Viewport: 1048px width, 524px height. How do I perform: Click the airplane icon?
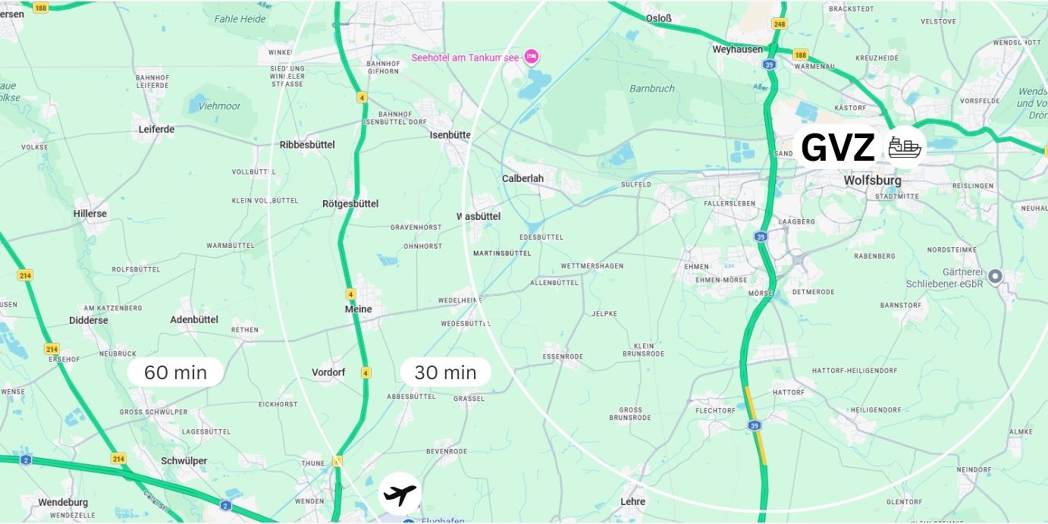[x=400, y=494]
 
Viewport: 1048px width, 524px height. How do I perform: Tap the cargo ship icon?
[x=904, y=147]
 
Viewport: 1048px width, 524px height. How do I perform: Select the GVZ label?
[x=837, y=148]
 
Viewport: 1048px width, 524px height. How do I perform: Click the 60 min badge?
[x=175, y=372]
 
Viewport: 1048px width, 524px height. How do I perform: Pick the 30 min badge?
[x=445, y=372]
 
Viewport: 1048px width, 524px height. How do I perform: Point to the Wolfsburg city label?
[x=872, y=180]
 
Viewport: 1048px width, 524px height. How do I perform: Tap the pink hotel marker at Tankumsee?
[x=532, y=57]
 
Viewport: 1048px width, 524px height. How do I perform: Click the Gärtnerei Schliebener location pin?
[x=996, y=277]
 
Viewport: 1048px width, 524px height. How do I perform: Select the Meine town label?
[x=359, y=309]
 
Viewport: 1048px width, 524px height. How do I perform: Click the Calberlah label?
[x=522, y=179]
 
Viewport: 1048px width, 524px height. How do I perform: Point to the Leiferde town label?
[x=156, y=129]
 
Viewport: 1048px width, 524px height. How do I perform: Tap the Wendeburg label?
[x=63, y=502]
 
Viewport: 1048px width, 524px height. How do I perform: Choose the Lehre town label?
[x=632, y=501]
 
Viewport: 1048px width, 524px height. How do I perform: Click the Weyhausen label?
[x=736, y=49]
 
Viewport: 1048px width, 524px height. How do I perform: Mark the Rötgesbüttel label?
[x=350, y=204]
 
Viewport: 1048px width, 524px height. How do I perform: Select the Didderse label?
[x=89, y=320]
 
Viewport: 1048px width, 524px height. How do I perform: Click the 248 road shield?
[x=779, y=24]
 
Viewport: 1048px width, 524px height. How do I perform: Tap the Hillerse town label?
[x=90, y=214]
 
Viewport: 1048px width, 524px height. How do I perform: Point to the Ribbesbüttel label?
[x=307, y=145]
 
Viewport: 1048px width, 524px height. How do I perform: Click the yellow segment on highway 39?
[x=756, y=425]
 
